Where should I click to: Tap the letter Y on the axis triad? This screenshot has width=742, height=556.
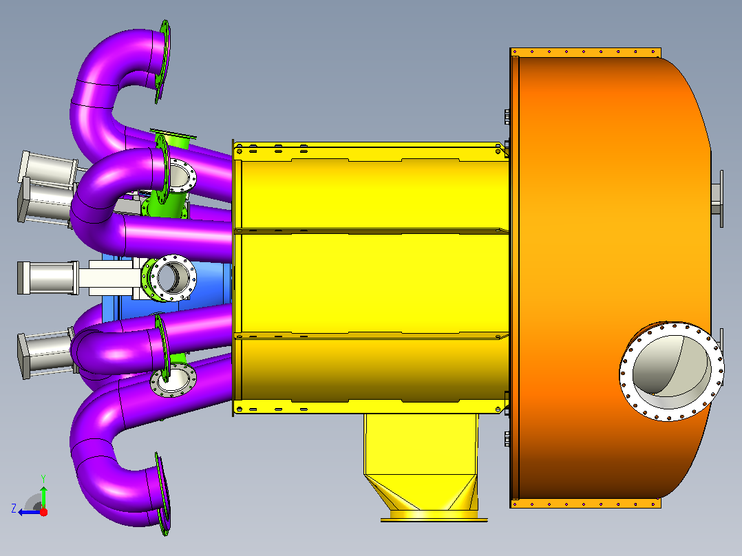43,478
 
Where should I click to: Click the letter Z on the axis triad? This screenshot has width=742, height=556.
14,509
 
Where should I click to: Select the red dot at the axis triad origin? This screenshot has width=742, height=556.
43,512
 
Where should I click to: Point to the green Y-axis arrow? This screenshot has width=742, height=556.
43,497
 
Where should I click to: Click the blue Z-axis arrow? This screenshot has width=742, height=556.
30,512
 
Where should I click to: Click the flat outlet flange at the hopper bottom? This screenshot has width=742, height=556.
434,520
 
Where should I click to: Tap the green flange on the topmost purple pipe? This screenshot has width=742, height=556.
163,61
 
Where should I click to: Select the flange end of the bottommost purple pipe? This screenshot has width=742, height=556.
162,493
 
